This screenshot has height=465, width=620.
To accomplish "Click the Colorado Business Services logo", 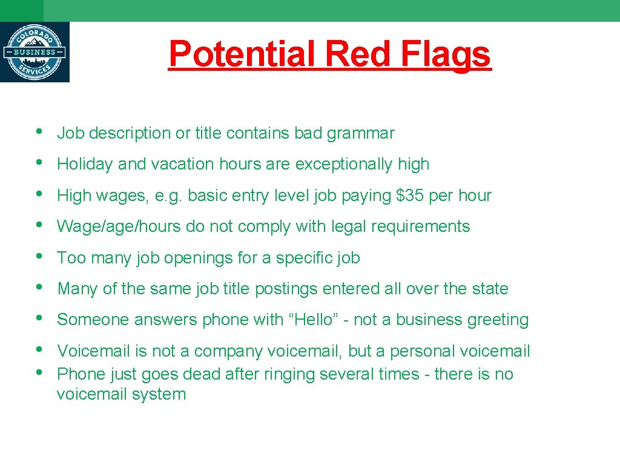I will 35,52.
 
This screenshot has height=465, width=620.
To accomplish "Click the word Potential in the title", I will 242,54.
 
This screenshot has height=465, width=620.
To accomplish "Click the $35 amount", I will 409,196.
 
